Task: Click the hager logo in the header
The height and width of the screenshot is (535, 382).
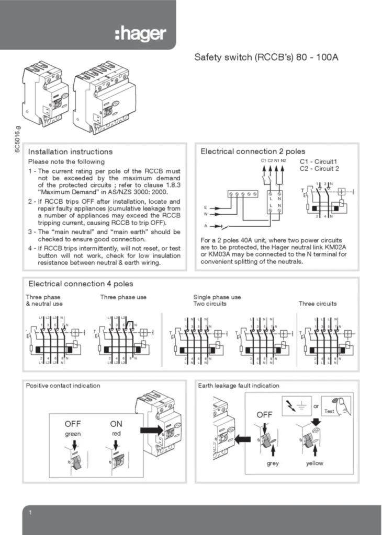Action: [x=140, y=34]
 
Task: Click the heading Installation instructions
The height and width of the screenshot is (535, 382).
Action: [x=70, y=152]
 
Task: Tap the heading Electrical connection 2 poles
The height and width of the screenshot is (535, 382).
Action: [x=253, y=152]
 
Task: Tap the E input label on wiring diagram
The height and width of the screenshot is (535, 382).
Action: [x=205, y=207]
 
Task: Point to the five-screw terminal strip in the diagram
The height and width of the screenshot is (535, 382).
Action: [x=243, y=194]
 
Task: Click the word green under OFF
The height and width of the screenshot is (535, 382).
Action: [x=73, y=434]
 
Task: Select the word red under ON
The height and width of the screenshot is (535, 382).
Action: [x=116, y=434]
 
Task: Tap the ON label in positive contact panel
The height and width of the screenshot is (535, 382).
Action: [x=116, y=424]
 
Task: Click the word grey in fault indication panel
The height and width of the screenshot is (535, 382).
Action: [x=273, y=463]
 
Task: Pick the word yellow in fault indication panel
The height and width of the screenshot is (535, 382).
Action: [x=314, y=463]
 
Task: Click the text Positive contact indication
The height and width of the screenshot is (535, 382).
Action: [x=63, y=386]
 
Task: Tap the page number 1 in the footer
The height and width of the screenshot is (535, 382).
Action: [x=31, y=514]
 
